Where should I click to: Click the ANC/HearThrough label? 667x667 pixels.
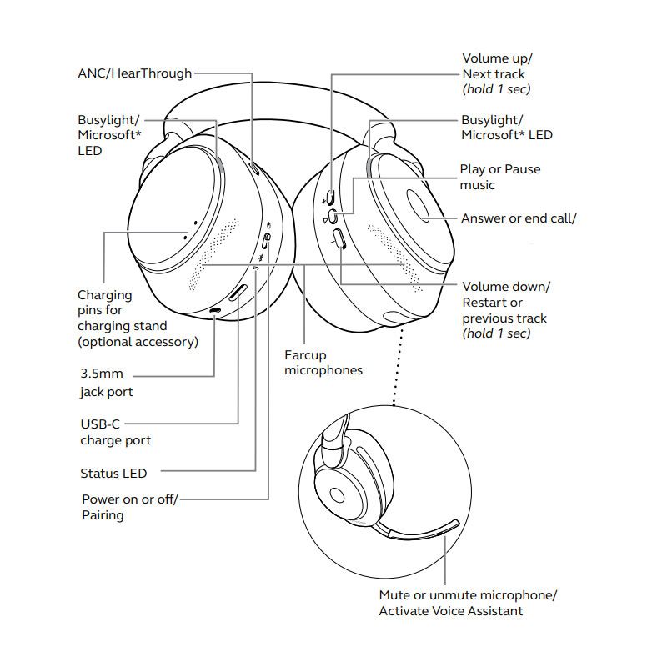(x=135, y=73)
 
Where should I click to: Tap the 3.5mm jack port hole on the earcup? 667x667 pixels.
(x=215, y=312)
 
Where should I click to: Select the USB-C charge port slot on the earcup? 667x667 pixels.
(x=238, y=293)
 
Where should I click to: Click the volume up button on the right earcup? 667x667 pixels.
(x=331, y=197)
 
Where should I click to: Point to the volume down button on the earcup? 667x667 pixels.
(x=339, y=238)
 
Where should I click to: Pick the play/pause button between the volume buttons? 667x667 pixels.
(x=334, y=217)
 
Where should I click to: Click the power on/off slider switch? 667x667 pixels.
(x=266, y=241)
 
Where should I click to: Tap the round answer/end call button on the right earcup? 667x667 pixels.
(x=419, y=205)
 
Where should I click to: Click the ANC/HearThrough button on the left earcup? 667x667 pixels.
(x=254, y=168)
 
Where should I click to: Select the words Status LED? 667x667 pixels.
(x=113, y=473)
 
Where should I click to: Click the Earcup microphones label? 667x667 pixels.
(x=323, y=363)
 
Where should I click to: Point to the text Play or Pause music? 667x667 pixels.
(x=499, y=177)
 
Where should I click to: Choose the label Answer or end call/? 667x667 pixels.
(x=519, y=218)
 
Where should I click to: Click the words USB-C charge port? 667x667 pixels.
(x=116, y=432)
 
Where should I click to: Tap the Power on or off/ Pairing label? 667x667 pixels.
(x=130, y=507)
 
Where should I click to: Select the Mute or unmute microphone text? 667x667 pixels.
(x=468, y=594)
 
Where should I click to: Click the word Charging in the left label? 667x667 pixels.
(x=105, y=295)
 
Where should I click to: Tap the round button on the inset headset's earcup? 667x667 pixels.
(x=337, y=495)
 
